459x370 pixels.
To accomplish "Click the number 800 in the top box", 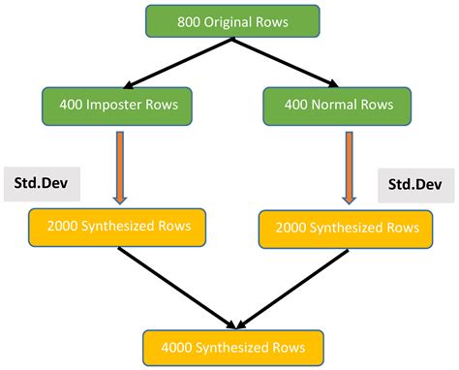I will [191, 21].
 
